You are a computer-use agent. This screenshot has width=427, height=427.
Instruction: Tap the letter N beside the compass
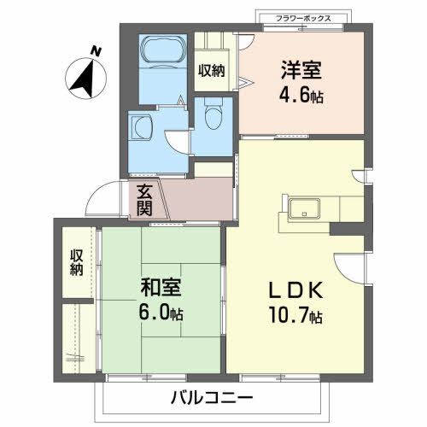click(97, 52)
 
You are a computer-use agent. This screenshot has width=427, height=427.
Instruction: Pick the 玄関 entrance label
click(144, 200)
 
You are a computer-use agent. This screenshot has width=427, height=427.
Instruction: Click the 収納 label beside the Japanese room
click(77, 263)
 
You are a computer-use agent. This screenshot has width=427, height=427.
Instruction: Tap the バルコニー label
click(212, 398)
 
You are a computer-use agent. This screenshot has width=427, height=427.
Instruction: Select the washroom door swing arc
click(175, 141)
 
